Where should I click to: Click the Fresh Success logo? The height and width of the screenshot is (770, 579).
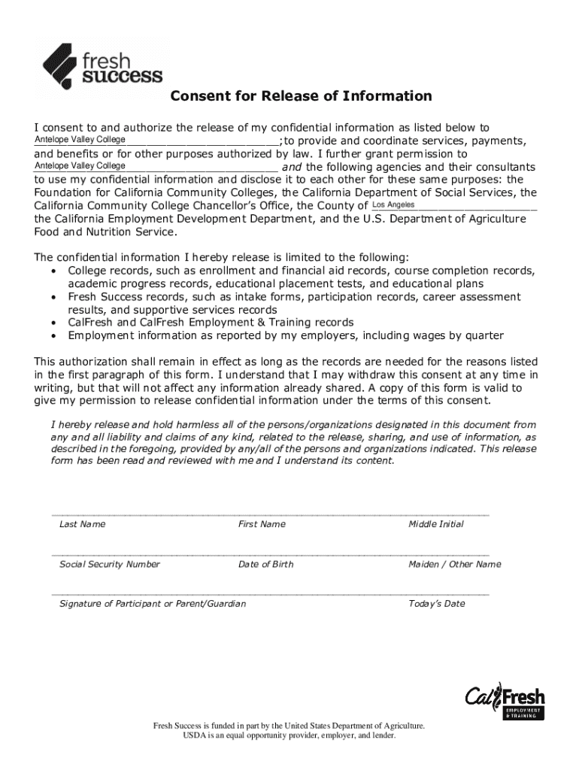click(x=102, y=66)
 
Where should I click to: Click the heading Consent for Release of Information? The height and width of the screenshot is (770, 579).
click(x=301, y=96)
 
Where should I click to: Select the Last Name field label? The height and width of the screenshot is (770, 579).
click(x=82, y=524)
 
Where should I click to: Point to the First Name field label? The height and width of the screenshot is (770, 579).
click(x=262, y=524)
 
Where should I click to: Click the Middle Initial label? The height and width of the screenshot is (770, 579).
click(x=436, y=524)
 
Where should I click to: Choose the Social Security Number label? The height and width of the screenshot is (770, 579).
click(x=110, y=564)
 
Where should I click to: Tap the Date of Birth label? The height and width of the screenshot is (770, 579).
click(x=266, y=564)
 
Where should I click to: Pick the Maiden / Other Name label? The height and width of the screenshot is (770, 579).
click(x=454, y=564)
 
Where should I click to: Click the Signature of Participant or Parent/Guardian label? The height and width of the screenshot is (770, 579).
click(x=153, y=604)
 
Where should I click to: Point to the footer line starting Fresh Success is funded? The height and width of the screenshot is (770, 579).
click(x=289, y=726)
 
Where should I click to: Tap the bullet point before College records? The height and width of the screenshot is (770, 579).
click(x=53, y=271)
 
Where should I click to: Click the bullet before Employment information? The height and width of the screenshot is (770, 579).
click(x=53, y=335)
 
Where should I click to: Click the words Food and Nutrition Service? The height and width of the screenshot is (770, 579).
click(x=105, y=232)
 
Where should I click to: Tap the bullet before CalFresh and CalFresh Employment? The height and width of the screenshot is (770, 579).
click(x=53, y=323)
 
